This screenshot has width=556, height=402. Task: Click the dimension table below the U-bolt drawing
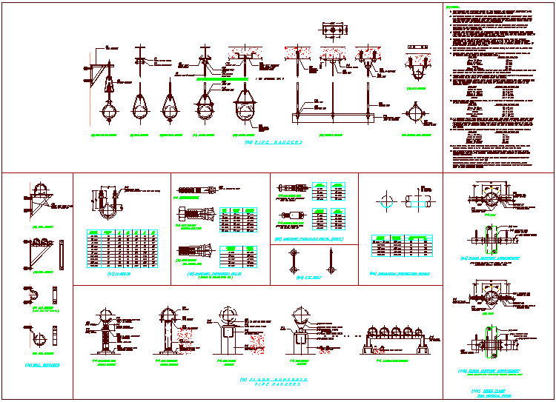[x=123, y=248]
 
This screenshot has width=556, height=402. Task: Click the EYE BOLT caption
[x=306, y=276]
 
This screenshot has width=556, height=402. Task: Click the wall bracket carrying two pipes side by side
[x=42, y=244]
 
